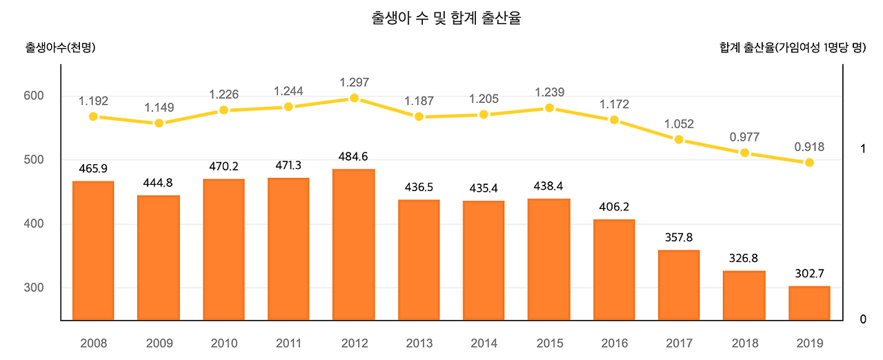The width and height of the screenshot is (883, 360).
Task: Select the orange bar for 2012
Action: click(x=354, y=245)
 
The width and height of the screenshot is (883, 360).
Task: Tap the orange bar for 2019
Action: click(x=809, y=303)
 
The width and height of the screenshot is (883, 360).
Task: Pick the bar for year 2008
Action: click(x=93, y=251)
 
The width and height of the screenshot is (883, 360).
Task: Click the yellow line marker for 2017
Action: click(x=679, y=140)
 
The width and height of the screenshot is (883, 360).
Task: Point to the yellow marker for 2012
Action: click(x=354, y=98)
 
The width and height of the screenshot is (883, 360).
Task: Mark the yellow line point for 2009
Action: click(x=159, y=123)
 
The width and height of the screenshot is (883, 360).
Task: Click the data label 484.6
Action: click(x=354, y=157)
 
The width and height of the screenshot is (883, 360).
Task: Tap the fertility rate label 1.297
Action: click(x=354, y=82)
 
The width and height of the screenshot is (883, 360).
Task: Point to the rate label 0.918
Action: click(x=809, y=147)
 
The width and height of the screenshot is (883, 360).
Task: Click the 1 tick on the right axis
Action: click(x=862, y=149)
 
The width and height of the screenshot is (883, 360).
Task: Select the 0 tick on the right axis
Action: click(x=862, y=319)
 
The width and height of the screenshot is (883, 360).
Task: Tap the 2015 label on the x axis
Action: click(x=549, y=343)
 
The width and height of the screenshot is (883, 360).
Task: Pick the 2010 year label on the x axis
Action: click(x=224, y=343)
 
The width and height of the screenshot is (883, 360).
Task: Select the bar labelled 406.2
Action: click(x=614, y=270)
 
